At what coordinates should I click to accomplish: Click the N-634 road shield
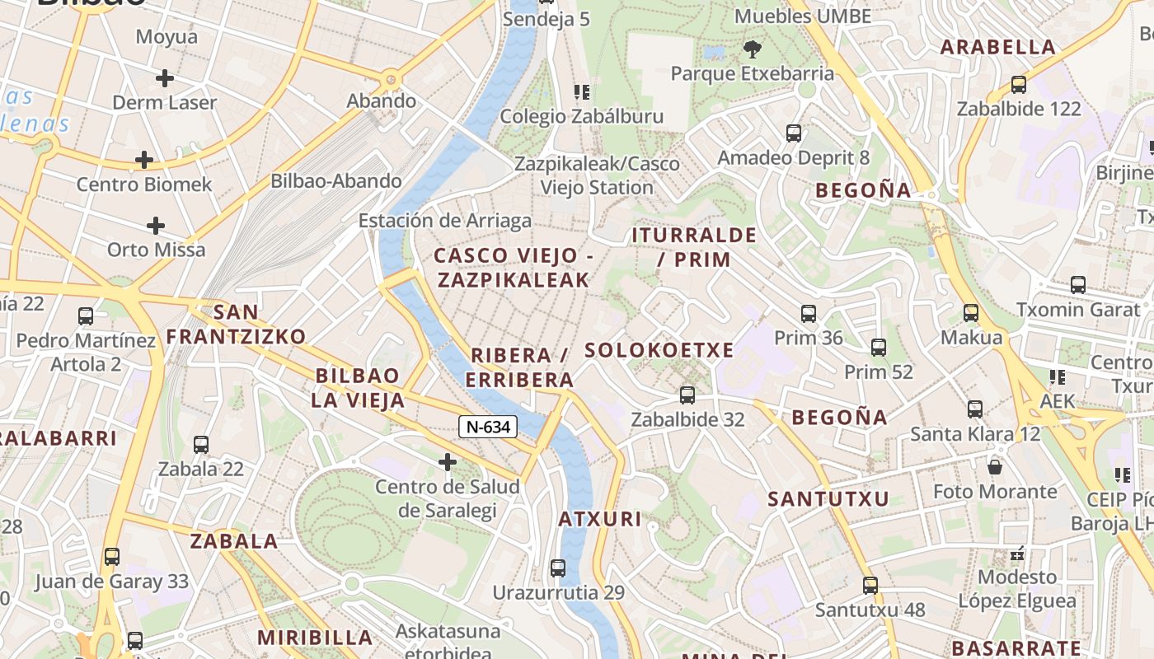click(488, 427)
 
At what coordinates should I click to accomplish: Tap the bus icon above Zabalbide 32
click(687, 395)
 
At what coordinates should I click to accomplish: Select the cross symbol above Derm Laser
click(165, 78)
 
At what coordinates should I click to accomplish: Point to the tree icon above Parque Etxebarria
click(752, 49)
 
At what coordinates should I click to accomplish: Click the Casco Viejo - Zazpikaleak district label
click(514, 268)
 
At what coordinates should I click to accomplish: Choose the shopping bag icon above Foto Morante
click(995, 467)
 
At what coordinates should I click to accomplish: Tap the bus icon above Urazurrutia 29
click(558, 568)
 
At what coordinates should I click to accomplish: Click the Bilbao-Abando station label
click(336, 181)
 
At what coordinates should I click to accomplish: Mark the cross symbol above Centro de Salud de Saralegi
click(448, 462)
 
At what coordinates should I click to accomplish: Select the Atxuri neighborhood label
click(599, 519)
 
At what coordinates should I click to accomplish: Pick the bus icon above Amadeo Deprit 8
click(794, 133)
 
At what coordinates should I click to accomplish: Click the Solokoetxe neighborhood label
click(659, 350)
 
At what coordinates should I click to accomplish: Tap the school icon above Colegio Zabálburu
click(582, 91)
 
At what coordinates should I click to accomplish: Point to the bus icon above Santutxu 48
click(870, 586)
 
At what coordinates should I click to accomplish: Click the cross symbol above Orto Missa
click(156, 225)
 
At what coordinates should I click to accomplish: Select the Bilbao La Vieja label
click(358, 388)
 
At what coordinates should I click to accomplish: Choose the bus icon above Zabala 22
click(201, 445)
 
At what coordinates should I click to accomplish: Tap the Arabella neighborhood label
click(998, 47)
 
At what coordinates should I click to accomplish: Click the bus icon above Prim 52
click(879, 348)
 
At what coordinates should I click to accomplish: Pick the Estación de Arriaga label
click(444, 221)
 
